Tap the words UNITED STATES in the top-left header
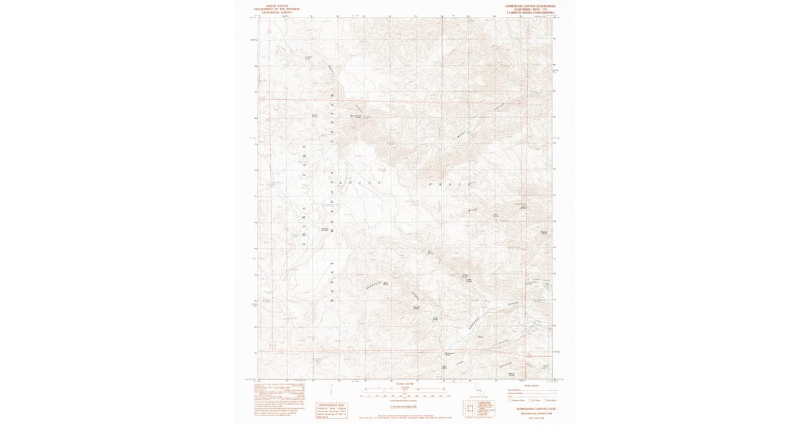click(277, 5)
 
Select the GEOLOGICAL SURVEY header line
click(277, 12)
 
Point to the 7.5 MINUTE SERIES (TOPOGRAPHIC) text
click(531, 12)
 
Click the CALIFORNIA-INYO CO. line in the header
click(531, 9)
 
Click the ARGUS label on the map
click(370, 182)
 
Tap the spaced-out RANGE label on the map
click(449, 183)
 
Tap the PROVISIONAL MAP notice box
click(332, 410)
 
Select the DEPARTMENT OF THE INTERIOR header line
click(277, 9)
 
